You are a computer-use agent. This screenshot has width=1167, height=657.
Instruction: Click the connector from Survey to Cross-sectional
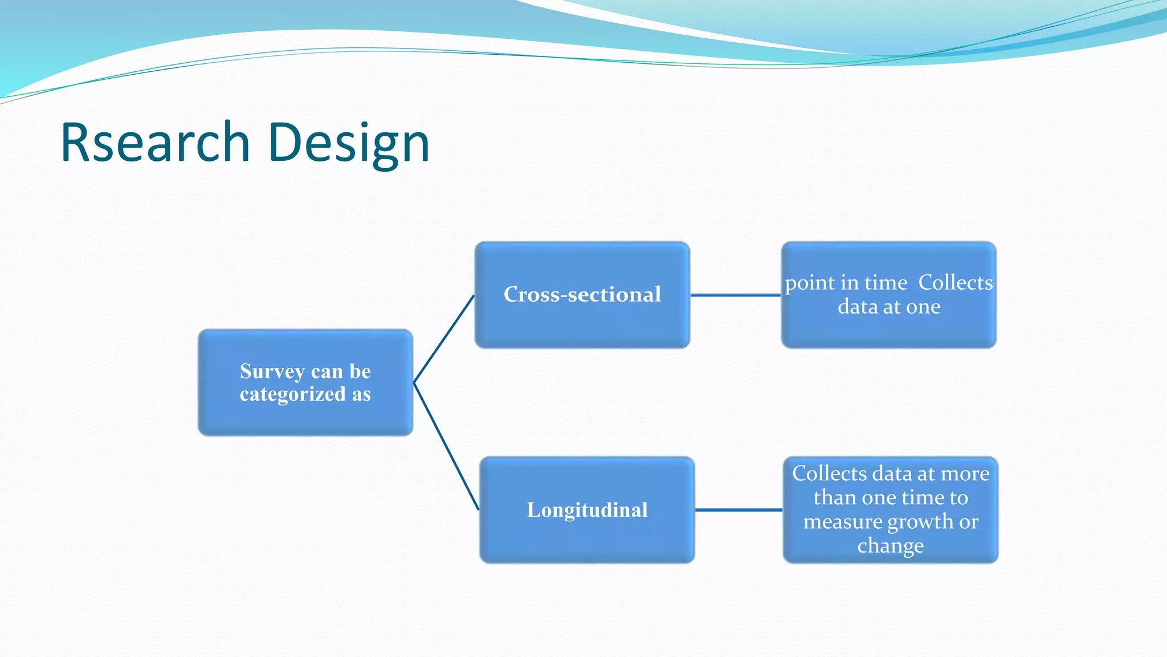tap(444, 339)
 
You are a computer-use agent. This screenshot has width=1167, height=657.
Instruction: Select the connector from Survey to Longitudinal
tap(446, 446)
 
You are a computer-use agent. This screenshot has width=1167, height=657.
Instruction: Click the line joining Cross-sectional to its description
tap(735, 295)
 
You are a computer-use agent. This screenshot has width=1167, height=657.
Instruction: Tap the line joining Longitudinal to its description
tap(738, 510)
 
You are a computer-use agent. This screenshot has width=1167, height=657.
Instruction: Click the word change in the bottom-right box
tap(890, 546)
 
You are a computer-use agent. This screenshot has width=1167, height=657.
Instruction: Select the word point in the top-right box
tap(809, 283)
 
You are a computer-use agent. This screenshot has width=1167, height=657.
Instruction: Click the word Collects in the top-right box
tap(955, 282)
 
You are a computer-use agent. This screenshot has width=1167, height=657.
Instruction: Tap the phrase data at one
tap(889, 307)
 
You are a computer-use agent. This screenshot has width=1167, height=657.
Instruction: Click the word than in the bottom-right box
tap(834, 498)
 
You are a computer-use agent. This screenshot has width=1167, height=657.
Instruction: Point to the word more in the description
tap(965, 474)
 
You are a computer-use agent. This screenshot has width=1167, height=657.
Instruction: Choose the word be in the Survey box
tap(360, 371)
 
